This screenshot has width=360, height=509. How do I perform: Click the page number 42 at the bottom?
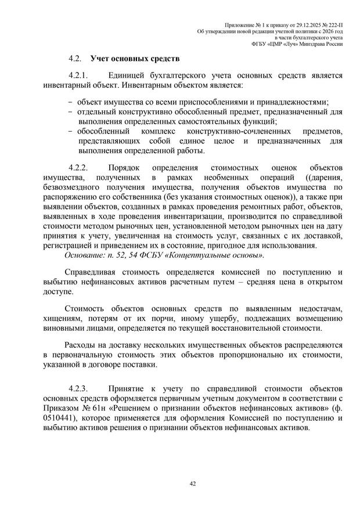coord(180,482)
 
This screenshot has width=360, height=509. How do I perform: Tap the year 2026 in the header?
coord(329,30)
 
